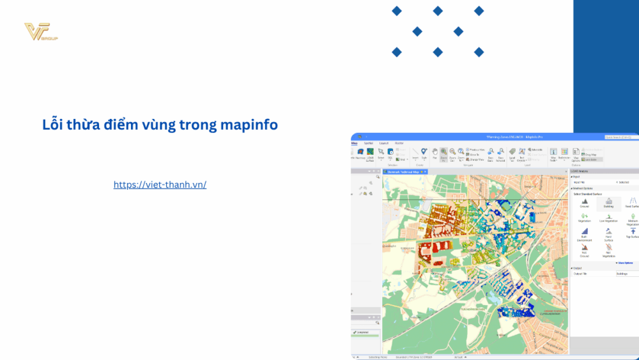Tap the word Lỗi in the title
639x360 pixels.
tap(52, 125)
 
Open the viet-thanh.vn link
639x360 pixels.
tap(160, 184)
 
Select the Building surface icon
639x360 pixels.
tap(608, 203)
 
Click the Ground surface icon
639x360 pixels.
tap(585, 203)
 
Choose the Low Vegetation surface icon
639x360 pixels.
tap(608, 217)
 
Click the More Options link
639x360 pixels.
tap(624, 262)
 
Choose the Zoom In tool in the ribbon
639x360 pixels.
tap(443, 153)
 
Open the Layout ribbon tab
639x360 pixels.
tap(383, 143)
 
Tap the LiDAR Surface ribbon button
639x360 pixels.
tap(370, 154)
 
